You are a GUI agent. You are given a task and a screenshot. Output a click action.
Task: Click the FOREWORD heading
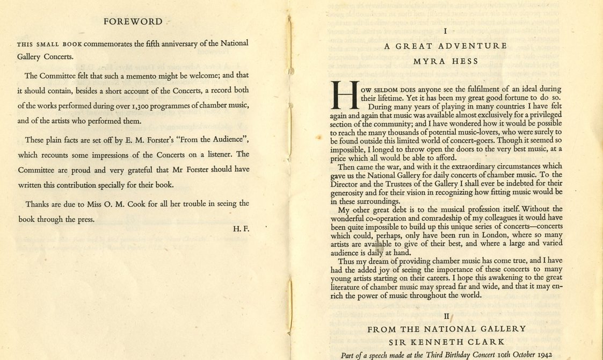pyautogui.click(x=133, y=22)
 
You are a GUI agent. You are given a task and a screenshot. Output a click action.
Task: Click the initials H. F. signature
pyautogui.click(x=241, y=228)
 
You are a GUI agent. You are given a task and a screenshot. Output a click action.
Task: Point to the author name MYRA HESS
pyautogui.click(x=446, y=61)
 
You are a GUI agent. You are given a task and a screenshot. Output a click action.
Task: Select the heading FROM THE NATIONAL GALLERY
pyautogui.click(x=446, y=329)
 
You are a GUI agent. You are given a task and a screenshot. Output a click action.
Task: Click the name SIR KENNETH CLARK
pyautogui.click(x=446, y=342)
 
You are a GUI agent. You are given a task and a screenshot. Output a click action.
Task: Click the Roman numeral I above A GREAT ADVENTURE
pyautogui.click(x=446, y=32)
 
